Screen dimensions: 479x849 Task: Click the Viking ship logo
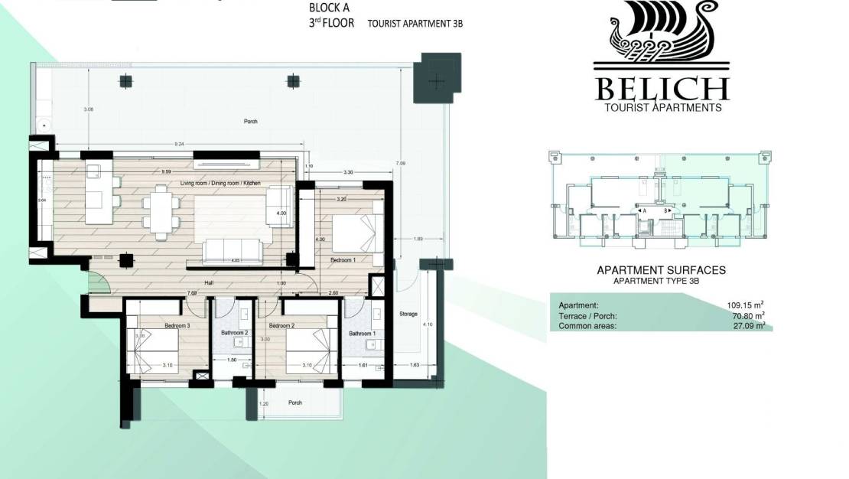tap(662, 35)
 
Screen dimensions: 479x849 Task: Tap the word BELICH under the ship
tap(662, 89)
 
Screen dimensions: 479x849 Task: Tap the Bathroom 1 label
tap(361, 334)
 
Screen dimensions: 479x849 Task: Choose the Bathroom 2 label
tap(236, 332)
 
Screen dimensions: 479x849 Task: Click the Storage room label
tap(408, 314)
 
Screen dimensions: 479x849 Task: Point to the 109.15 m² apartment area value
tap(747, 305)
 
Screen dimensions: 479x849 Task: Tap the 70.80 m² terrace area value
tap(748, 315)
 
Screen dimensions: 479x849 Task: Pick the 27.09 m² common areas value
tap(748, 325)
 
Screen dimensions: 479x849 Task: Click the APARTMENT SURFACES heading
tap(660, 270)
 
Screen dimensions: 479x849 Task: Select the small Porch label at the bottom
tap(294, 402)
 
